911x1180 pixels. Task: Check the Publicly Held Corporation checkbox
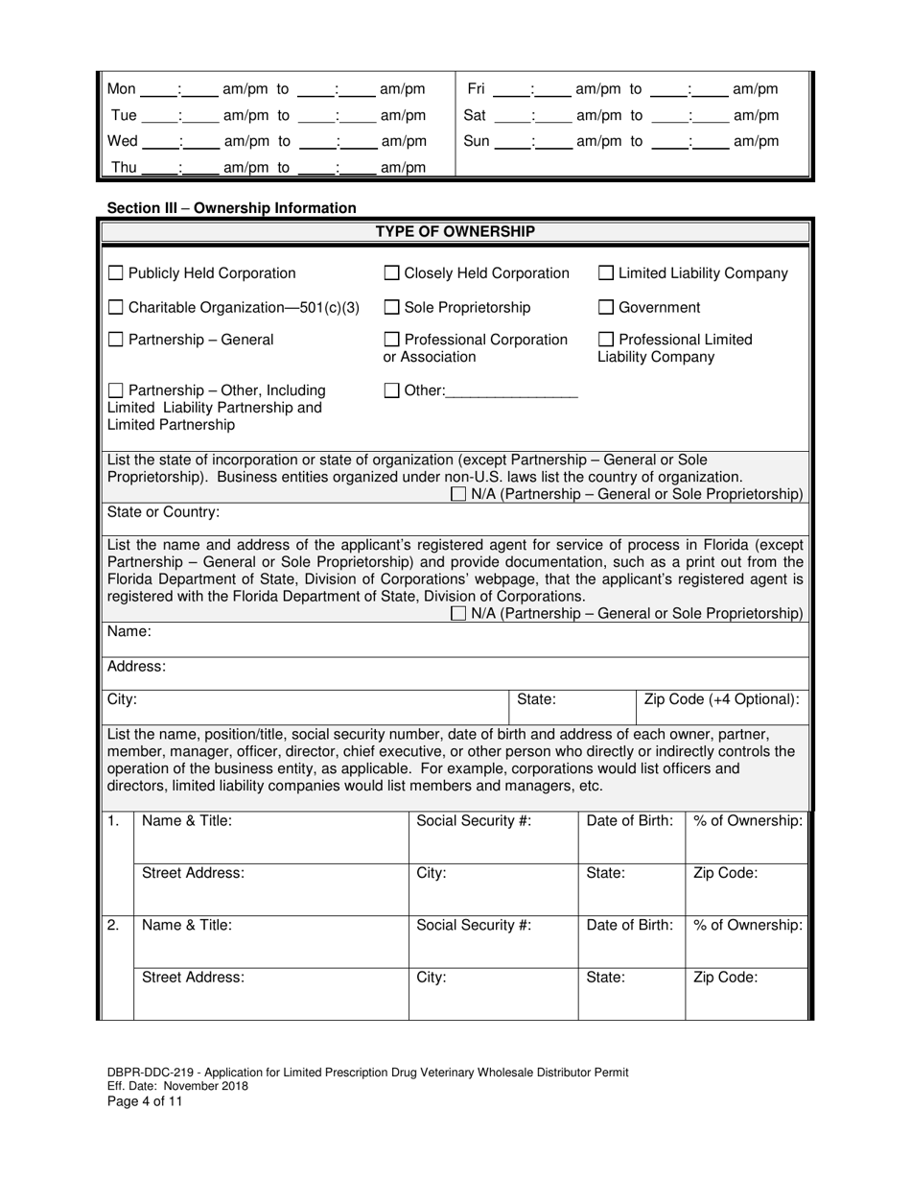[115, 273]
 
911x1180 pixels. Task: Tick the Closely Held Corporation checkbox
[391, 273]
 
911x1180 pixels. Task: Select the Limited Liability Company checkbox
[606, 273]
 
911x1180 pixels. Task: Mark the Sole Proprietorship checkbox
[391, 308]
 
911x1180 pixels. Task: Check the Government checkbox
[606, 308]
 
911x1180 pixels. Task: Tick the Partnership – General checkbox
[115, 340]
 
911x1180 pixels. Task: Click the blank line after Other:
[512, 391]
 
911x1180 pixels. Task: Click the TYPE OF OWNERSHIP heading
[455, 231]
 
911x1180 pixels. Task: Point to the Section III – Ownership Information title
[231, 207]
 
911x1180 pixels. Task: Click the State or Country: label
[163, 511]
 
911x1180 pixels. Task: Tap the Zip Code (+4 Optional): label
[721, 699]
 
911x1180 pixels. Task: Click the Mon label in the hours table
[122, 89]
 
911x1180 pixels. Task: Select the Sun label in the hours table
[477, 141]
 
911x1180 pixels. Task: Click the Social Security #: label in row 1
[474, 821]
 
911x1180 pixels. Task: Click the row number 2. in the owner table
[113, 926]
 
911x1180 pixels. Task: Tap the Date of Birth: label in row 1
[629, 821]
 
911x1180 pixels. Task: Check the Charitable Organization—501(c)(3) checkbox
[115, 308]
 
